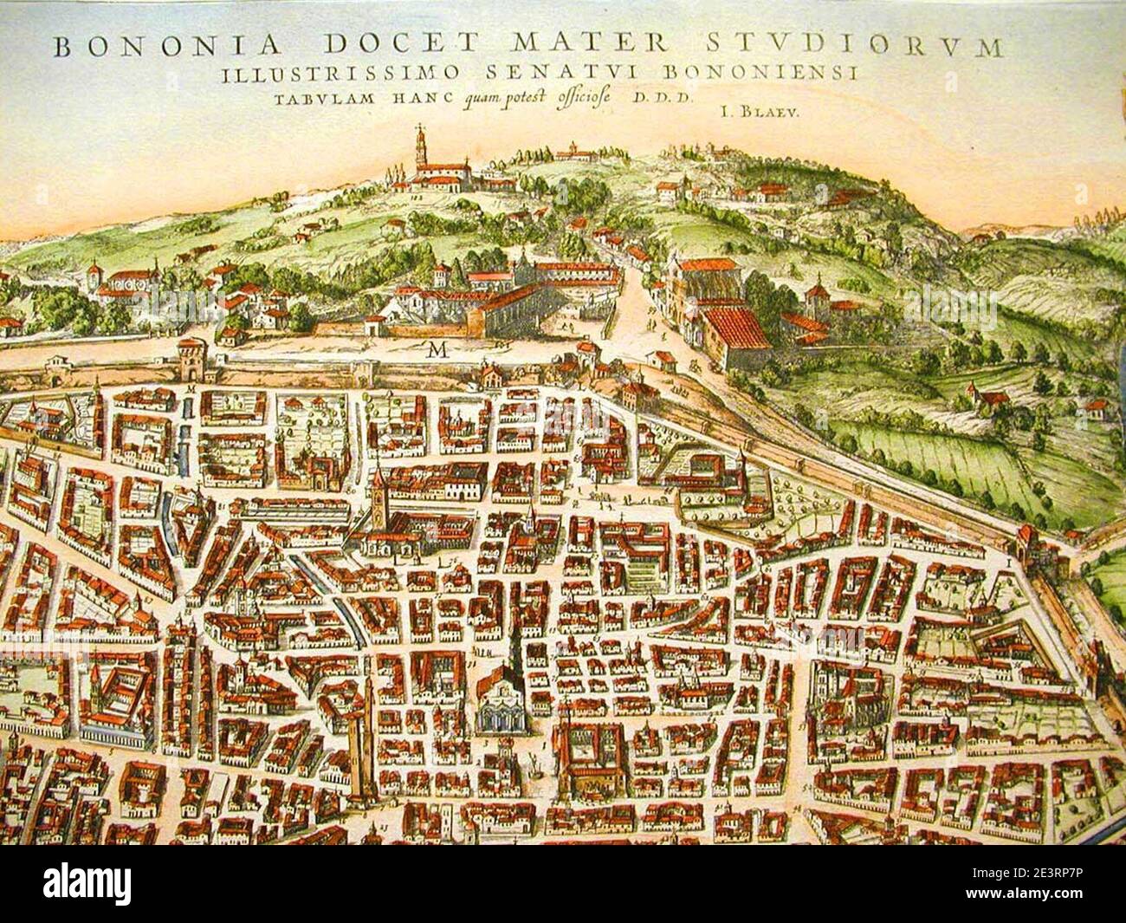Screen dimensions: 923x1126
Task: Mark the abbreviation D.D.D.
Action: point(666,97)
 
